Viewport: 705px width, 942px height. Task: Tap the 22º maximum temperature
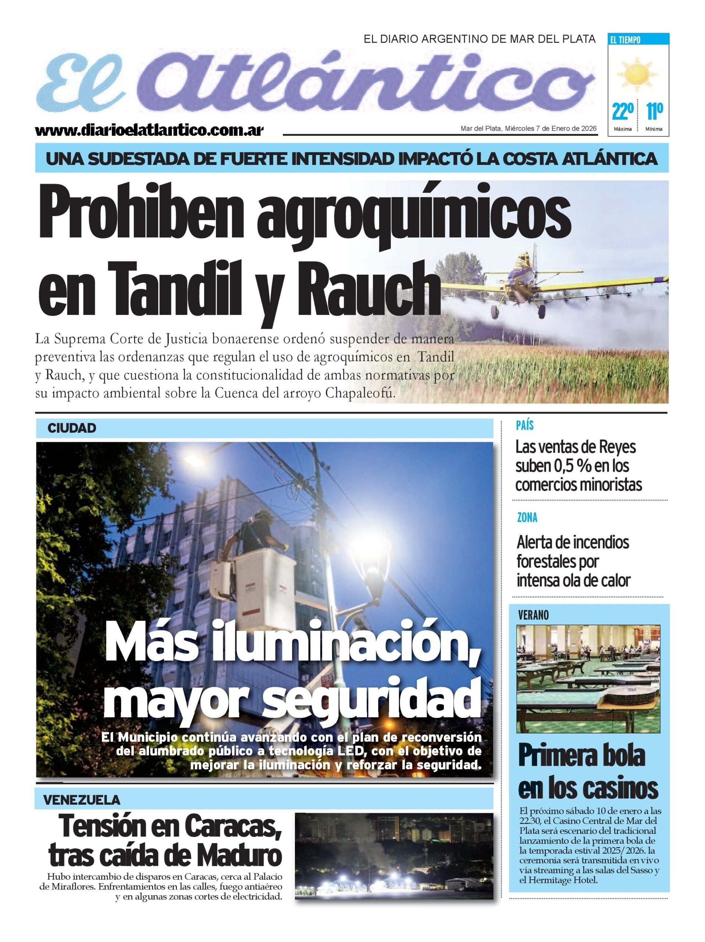[622, 111]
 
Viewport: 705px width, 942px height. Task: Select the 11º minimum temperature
[654, 111]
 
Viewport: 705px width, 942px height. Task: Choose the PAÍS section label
[524, 425]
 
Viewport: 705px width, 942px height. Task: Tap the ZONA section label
[527, 517]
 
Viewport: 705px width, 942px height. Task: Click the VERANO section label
[533, 615]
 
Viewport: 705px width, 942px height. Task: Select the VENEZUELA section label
[81, 800]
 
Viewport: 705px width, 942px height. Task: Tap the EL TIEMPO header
[624, 40]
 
